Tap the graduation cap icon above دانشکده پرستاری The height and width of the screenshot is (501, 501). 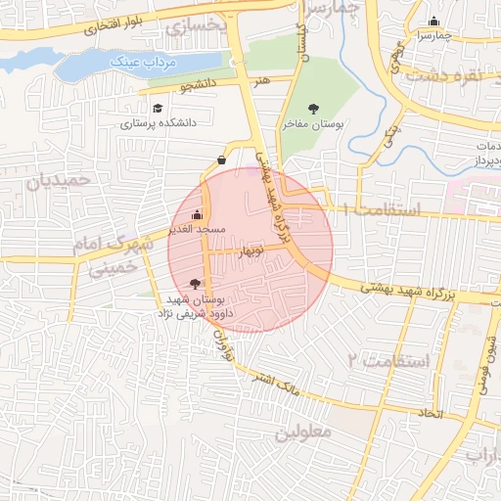(158, 109)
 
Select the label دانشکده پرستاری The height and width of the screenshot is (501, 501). (159, 124)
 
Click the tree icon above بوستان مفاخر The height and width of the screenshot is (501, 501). (313, 109)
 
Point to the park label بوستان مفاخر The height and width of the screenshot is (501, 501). (312, 124)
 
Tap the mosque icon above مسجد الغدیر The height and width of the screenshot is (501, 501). (199, 214)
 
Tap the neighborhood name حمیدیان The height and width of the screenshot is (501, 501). (58, 180)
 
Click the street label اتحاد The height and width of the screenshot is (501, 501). (431, 414)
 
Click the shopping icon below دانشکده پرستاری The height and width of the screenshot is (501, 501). (221, 159)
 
